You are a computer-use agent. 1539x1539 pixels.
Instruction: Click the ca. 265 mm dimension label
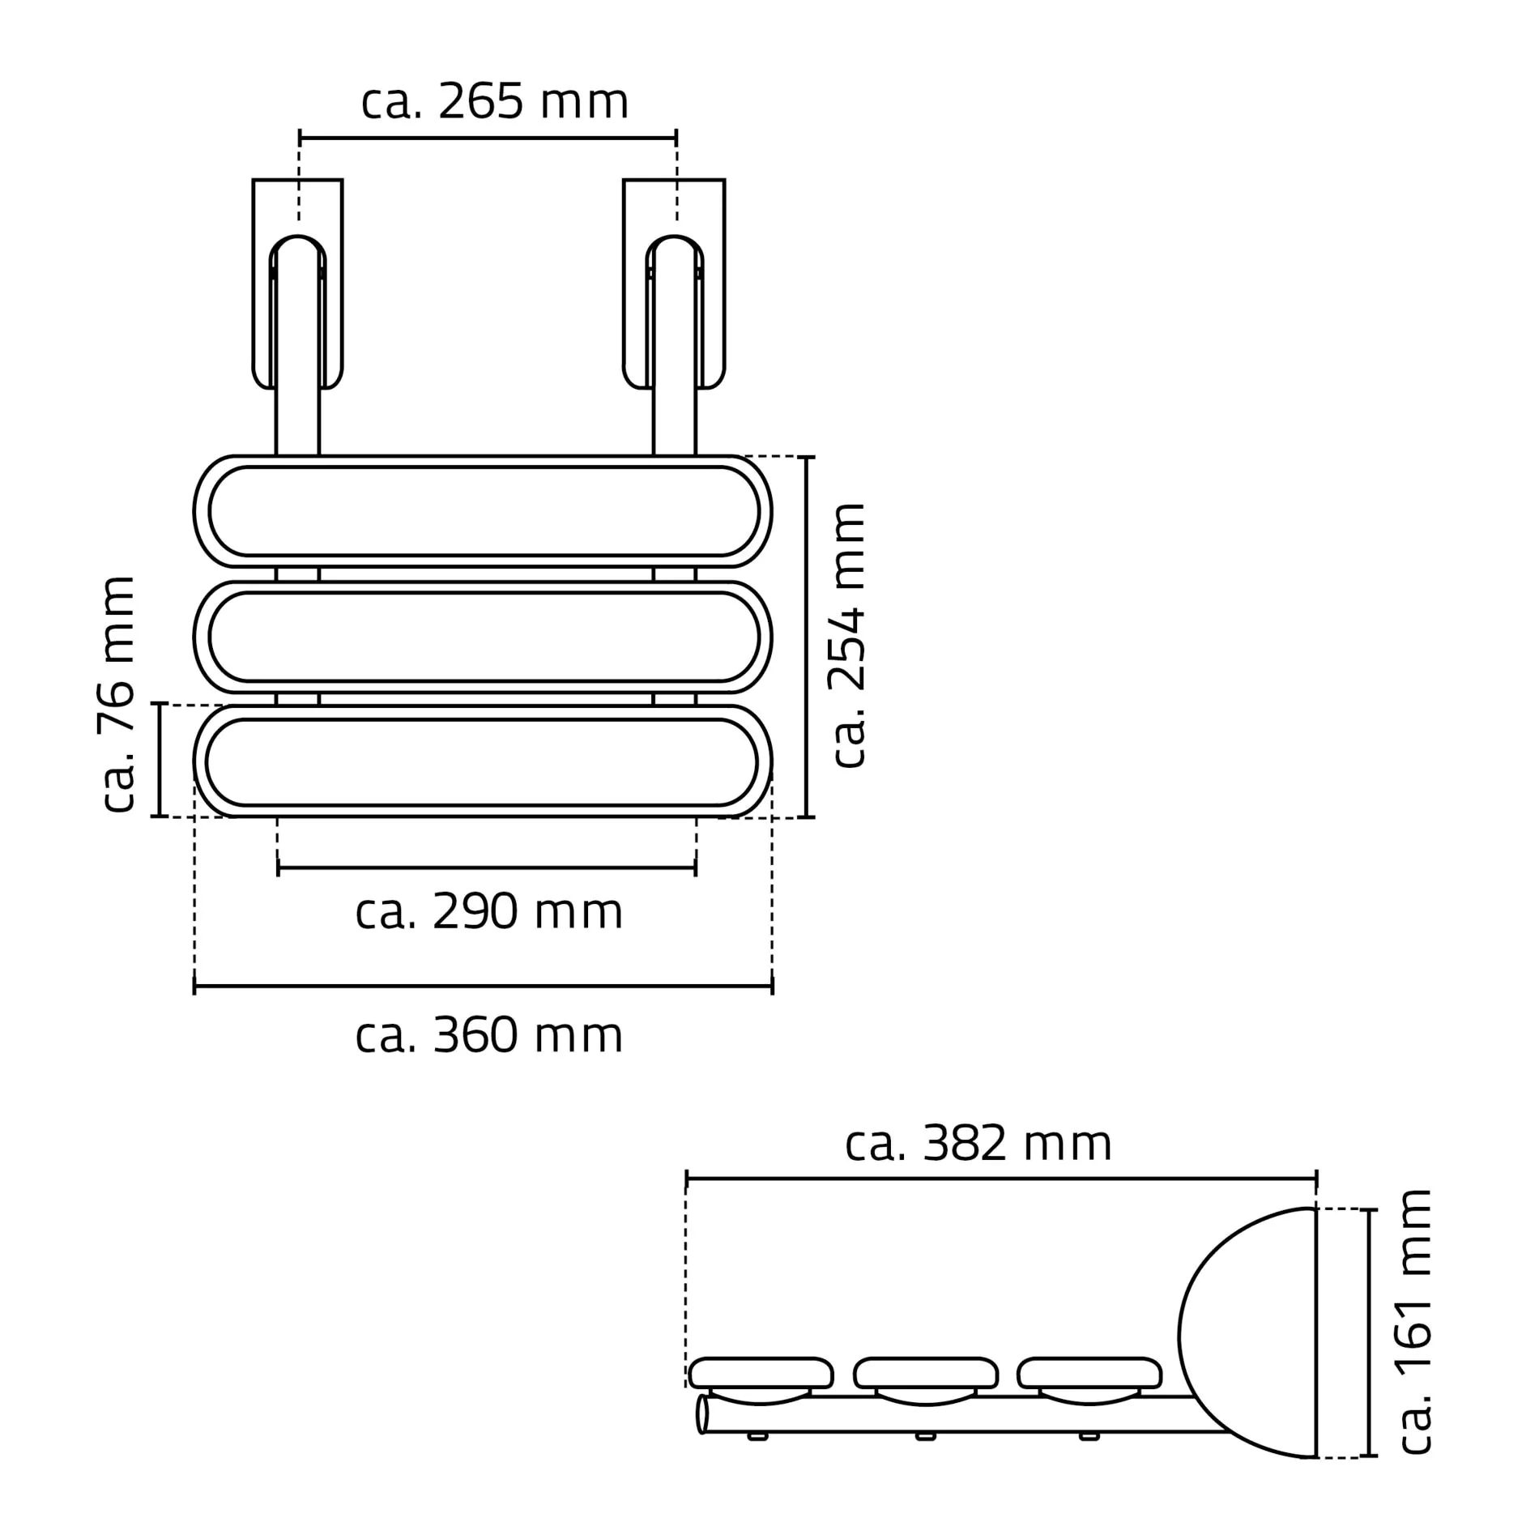[494, 103]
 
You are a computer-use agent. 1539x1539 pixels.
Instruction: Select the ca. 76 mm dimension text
[116, 694]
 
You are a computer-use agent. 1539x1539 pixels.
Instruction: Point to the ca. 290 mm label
[488, 913]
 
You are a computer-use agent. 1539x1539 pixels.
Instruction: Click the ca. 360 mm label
[488, 1036]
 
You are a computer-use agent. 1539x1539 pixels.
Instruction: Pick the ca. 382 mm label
[978, 1145]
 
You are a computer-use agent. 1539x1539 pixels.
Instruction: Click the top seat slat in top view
[483, 511]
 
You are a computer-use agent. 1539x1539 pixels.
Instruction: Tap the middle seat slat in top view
[483, 637]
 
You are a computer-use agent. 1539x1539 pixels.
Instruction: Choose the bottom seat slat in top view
[483, 761]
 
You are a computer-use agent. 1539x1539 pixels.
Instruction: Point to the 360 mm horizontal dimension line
[483, 986]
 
